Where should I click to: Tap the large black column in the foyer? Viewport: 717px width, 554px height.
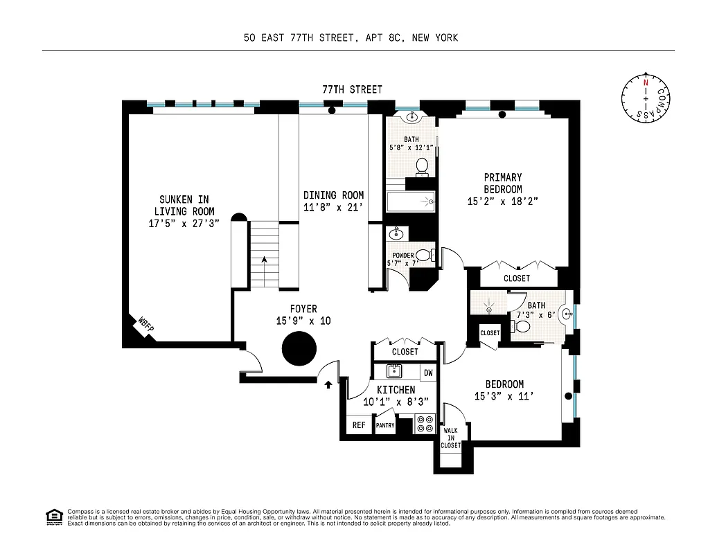[299, 348]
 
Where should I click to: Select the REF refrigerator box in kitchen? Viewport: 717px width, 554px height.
[359, 425]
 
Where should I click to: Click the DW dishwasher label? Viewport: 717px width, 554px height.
[428, 373]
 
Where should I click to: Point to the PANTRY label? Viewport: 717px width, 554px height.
[385, 426]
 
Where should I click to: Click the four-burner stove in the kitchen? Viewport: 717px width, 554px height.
[425, 424]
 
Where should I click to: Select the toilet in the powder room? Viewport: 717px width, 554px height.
[423, 255]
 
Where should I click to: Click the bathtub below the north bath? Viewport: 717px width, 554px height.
[410, 202]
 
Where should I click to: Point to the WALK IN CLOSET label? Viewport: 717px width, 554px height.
[451, 438]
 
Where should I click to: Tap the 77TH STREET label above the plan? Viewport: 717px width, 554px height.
[352, 89]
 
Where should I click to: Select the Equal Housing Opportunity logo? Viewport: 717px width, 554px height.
[53, 516]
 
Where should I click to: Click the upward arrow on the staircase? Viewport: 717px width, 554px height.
[263, 260]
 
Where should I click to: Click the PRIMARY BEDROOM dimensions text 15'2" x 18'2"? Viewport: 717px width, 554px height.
[503, 202]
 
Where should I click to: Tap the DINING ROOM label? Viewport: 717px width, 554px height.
[333, 195]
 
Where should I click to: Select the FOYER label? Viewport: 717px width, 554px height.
[303, 309]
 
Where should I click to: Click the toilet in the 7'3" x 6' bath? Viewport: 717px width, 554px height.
[524, 326]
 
